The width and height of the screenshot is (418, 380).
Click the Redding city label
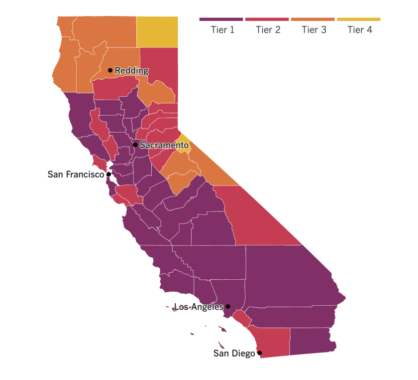point(131,71)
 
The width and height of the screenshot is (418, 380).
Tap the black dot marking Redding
point(110,70)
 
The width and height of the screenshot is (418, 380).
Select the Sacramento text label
point(164,145)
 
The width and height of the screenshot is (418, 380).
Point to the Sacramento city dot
point(135,145)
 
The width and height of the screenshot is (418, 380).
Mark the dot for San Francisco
point(108,175)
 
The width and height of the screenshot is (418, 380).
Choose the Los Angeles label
point(199,307)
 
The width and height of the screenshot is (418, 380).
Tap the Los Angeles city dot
point(228,306)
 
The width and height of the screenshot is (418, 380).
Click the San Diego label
point(234,353)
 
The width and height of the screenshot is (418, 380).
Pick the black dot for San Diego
point(259,353)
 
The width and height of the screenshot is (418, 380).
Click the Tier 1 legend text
point(222,30)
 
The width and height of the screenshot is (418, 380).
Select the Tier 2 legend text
point(268,30)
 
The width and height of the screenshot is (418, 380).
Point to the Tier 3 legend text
point(314,30)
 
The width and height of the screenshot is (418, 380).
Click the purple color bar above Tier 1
point(221,19)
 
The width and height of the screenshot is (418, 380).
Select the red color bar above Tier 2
point(267,19)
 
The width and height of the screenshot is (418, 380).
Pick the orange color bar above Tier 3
point(313,19)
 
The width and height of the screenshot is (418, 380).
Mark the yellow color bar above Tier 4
point(358,19)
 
